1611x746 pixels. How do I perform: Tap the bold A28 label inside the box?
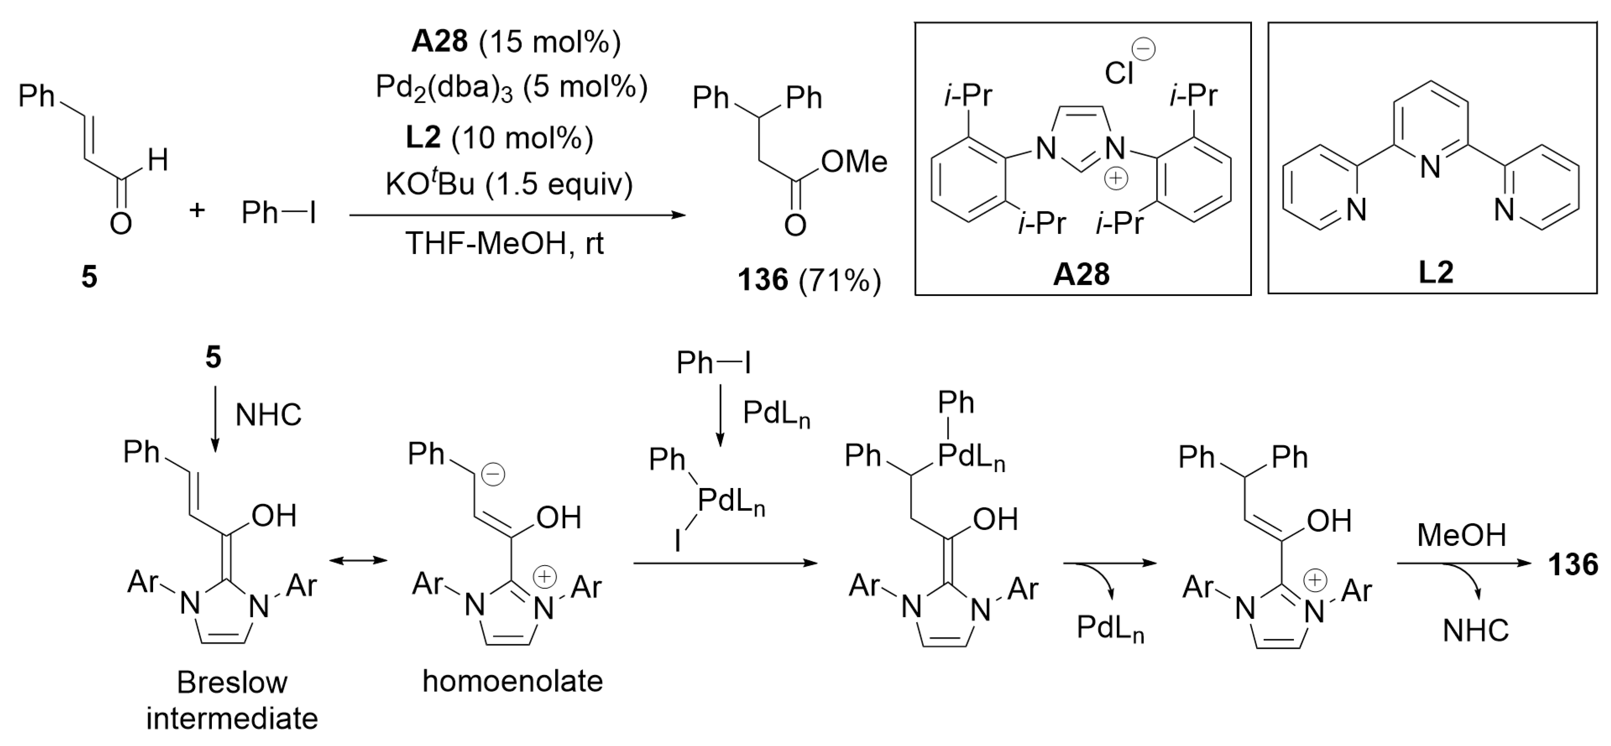point(1081,273)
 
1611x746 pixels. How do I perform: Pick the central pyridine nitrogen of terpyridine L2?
point(1430,167)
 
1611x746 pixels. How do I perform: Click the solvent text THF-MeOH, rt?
point(505,243)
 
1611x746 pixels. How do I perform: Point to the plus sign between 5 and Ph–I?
point(197,210)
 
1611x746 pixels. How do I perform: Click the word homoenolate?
point(512,681)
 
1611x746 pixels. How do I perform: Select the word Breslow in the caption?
point(232,682)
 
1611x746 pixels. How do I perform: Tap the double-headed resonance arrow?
point(359,560)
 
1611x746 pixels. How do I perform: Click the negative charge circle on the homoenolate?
point(493,475)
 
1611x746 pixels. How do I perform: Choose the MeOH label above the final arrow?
point(1462,535)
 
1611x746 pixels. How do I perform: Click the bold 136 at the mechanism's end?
point(1572,565)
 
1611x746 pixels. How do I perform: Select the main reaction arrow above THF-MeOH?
point(517,215)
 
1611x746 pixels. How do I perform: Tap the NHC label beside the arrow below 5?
point(268,415)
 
